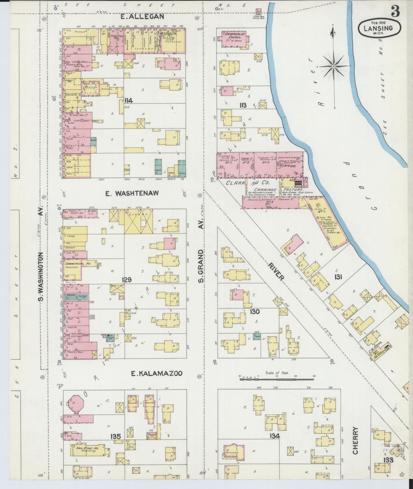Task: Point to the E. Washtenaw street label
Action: (132, 194)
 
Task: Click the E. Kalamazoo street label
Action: (157, 373)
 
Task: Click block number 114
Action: (129, 101)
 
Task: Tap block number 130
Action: (254, 311)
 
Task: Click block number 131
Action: (338, 277)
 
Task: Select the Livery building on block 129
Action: (138, 221)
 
